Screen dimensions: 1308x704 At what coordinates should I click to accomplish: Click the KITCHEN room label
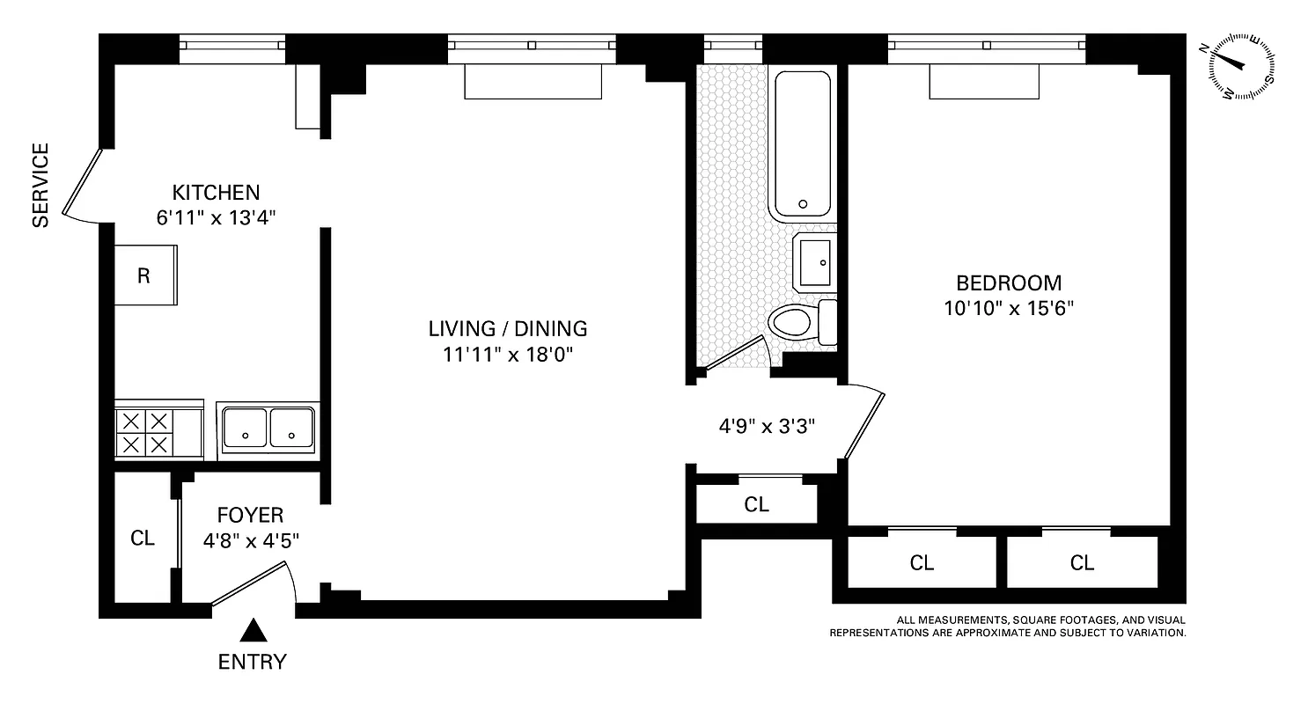point(216,192)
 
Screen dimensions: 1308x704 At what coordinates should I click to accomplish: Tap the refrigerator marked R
point(145,275)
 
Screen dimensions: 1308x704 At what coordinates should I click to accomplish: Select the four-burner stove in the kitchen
point(145,432)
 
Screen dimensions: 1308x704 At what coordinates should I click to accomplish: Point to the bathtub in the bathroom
point(802,145)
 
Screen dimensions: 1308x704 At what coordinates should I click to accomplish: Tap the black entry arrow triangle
point(254,629)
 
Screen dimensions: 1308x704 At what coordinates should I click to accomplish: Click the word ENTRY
point(253,662)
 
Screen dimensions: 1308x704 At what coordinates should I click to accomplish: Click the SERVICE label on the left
point(40,186)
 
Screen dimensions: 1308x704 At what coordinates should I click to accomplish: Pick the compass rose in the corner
point(1242,67)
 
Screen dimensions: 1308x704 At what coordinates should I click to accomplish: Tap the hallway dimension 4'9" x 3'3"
point(767,427)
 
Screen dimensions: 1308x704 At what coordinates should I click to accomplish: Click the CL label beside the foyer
point(143,539)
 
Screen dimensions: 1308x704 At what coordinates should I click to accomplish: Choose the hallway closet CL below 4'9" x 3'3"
point(756,504)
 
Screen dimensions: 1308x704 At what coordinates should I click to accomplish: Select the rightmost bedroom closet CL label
point(1082,563)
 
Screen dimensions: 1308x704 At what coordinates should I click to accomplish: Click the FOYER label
point(251,516)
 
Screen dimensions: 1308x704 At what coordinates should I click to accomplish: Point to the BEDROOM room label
point(1009,283)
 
